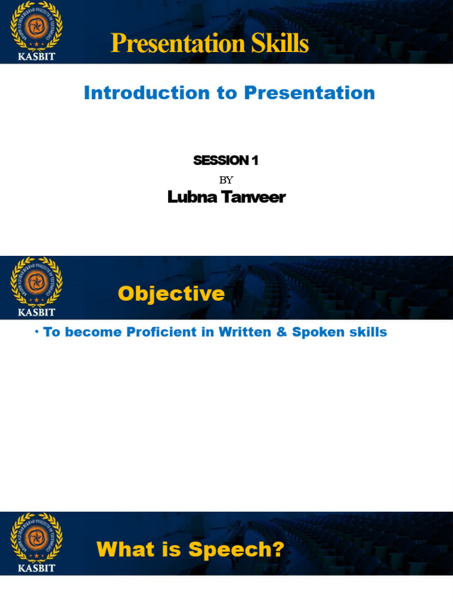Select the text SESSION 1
(x=226, y=160)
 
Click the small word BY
(x=226, y=180)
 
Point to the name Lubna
(x=193, y=197)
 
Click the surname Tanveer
(x=254, y=197)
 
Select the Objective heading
(x=171, y=294)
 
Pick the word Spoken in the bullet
(x=318, y=332)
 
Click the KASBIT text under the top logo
(x=36, y=57)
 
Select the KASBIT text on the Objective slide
(x=36, y=313)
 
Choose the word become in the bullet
(x=89, y=332)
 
